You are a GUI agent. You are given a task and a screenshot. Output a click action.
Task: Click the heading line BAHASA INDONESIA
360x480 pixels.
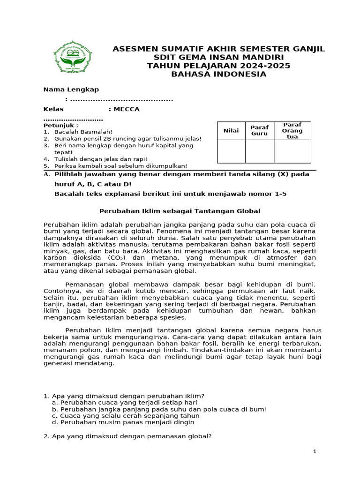click(x=218, y=74)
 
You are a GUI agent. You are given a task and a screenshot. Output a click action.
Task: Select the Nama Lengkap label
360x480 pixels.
click(x=71, y=90)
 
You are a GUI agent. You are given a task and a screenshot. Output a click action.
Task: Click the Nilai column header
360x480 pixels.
click(x=231, y=131)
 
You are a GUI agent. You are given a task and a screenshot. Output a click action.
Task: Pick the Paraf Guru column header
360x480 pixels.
click(x=259, y=131)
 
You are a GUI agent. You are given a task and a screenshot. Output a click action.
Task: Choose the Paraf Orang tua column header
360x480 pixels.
click(x=292, y=131)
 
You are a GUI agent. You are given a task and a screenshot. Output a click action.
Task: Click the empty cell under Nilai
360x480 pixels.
click(x=231, y=151)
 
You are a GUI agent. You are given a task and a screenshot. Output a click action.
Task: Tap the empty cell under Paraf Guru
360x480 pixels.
click(x=259, y=151)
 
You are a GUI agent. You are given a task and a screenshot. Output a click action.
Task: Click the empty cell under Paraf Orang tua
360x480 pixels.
click(x=292, y=151)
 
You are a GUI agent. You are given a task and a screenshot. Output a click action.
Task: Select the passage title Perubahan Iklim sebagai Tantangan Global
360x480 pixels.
click(x=180, y=211)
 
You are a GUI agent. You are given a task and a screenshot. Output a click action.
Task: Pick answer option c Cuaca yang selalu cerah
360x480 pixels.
click(x=126, y=415)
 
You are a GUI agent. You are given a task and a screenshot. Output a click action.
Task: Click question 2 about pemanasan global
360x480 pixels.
click(x=127, y=436)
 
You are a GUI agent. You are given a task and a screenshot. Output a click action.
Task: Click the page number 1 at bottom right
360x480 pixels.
click(x=315, y=451)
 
